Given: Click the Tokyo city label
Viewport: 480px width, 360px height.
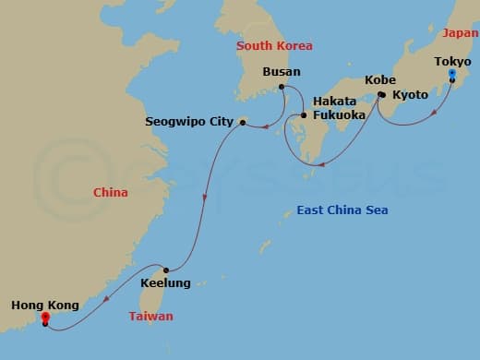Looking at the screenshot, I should (452, 61).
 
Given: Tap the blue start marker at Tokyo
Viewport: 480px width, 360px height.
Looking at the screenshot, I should (451, 74).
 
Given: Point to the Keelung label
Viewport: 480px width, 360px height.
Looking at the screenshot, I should (165, 283).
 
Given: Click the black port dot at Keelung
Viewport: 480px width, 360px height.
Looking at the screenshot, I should (165, 270).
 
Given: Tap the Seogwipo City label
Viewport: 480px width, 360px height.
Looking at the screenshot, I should (187, 121).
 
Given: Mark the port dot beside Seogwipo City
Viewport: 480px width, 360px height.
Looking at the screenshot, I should (242, 120).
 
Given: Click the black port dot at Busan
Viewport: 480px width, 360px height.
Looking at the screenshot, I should (281, 88).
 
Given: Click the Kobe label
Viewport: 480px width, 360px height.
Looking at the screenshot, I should (379, 79).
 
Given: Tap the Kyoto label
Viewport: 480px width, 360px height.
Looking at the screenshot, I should (410, 95).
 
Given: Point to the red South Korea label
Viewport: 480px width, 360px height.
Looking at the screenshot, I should (274, 45).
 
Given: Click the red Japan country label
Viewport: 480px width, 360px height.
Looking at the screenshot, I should (460, 33).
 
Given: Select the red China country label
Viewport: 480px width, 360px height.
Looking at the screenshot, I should (110, 193).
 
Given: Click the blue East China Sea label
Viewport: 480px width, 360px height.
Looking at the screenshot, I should (342, 210).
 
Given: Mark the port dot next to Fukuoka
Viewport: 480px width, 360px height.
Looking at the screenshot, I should (304, 115).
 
